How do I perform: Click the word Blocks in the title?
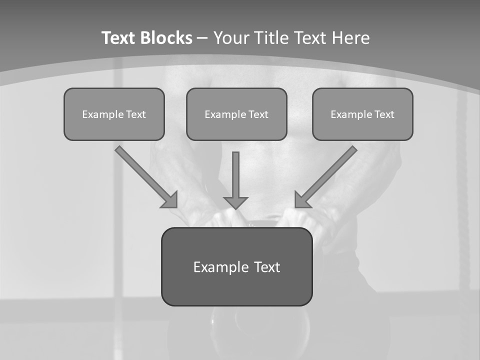tap(166, 38)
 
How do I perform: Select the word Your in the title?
tap(232, 38)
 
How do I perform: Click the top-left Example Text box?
tap(114, 114)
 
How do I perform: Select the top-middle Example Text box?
tap(236, 114)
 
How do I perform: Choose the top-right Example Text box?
tap(362, 114)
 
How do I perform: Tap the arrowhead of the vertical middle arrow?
tap(235, 202)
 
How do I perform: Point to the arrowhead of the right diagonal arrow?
tap(302, 200)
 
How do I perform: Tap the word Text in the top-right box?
tap(383, 114)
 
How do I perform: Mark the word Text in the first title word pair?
tap(119, 38)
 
